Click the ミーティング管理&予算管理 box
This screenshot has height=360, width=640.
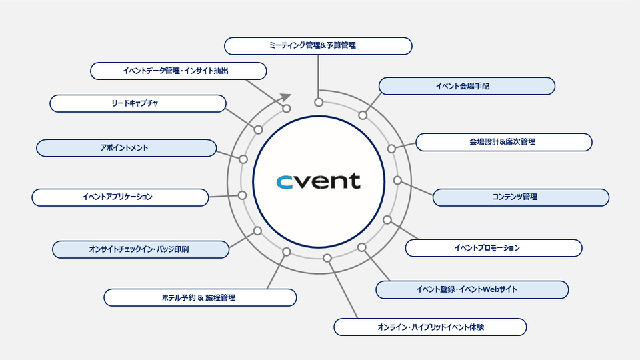[x=318, y=46]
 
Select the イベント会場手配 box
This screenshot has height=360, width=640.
[x=467, y=86]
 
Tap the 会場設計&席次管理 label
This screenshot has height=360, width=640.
[x=503, y=142]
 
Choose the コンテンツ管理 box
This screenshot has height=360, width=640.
[x=521, y=197]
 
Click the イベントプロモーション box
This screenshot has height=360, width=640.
[x=493, y=248]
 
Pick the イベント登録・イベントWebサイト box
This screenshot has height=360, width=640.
[x=472, y=289]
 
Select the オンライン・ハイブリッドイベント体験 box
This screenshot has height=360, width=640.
[x=430, y=327]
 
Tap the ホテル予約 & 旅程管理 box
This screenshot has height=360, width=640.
[x=200, y=297]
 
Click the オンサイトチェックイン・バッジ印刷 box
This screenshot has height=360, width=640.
[x=141, y=249]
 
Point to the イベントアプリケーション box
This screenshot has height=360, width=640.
[x=120, y=197]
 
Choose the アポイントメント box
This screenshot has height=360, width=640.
[x=126, y=148]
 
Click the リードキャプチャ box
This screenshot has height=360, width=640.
[x=138, y=103]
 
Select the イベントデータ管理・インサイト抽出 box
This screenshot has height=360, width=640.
[x=179, y=71]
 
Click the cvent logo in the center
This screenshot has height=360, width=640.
[x=319, y=181]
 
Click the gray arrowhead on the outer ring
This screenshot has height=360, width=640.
[x=285, y=99]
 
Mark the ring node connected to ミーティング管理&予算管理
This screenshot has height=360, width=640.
[x=319, y=103]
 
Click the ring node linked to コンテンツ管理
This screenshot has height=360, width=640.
[x=397, y=180]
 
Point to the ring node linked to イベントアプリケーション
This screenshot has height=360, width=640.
[x=243, y=195]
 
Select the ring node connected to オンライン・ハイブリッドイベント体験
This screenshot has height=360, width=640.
[x=327, y=258]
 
